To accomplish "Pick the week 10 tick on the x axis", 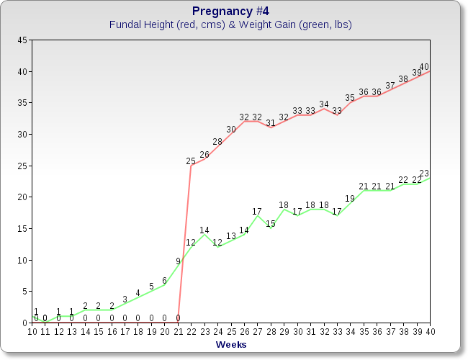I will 32,331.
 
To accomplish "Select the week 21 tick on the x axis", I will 178,331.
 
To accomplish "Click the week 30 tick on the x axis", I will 297,331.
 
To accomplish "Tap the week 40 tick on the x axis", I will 430,331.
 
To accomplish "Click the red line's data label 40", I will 424,67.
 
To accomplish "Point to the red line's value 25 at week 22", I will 191,161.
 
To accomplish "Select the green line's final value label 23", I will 424,174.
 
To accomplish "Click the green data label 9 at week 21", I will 178,261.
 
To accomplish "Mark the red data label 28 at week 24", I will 217,142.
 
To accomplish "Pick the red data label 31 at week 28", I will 271,123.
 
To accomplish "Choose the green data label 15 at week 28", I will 271,224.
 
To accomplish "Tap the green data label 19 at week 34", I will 350,199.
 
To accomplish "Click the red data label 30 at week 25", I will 231,130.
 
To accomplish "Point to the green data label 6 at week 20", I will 165,281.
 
